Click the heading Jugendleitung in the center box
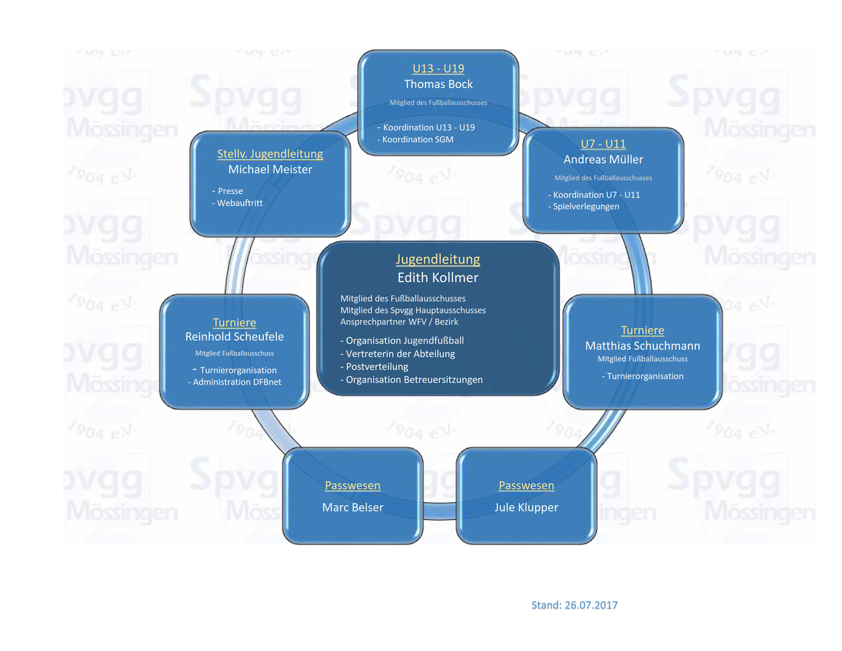point(438,259)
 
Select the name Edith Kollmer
point(438,278)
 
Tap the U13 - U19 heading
point(438,68)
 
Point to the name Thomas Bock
point(438,84)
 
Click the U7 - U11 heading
point(603,144)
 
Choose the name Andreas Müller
point(603,160)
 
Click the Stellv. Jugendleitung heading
point(270,154)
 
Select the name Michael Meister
point(270,170)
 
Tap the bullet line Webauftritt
point(239,203)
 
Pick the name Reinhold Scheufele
point(234,336)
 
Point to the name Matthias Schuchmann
point(642,346)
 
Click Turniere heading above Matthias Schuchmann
point(642,330)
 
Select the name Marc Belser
point(353,507)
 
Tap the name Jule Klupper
point(526,507)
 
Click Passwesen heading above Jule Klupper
point(526,486)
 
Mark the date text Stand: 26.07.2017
point(574,605)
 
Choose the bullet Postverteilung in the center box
point(376,367)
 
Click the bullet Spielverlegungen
point(586,207)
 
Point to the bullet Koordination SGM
point(417,140)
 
